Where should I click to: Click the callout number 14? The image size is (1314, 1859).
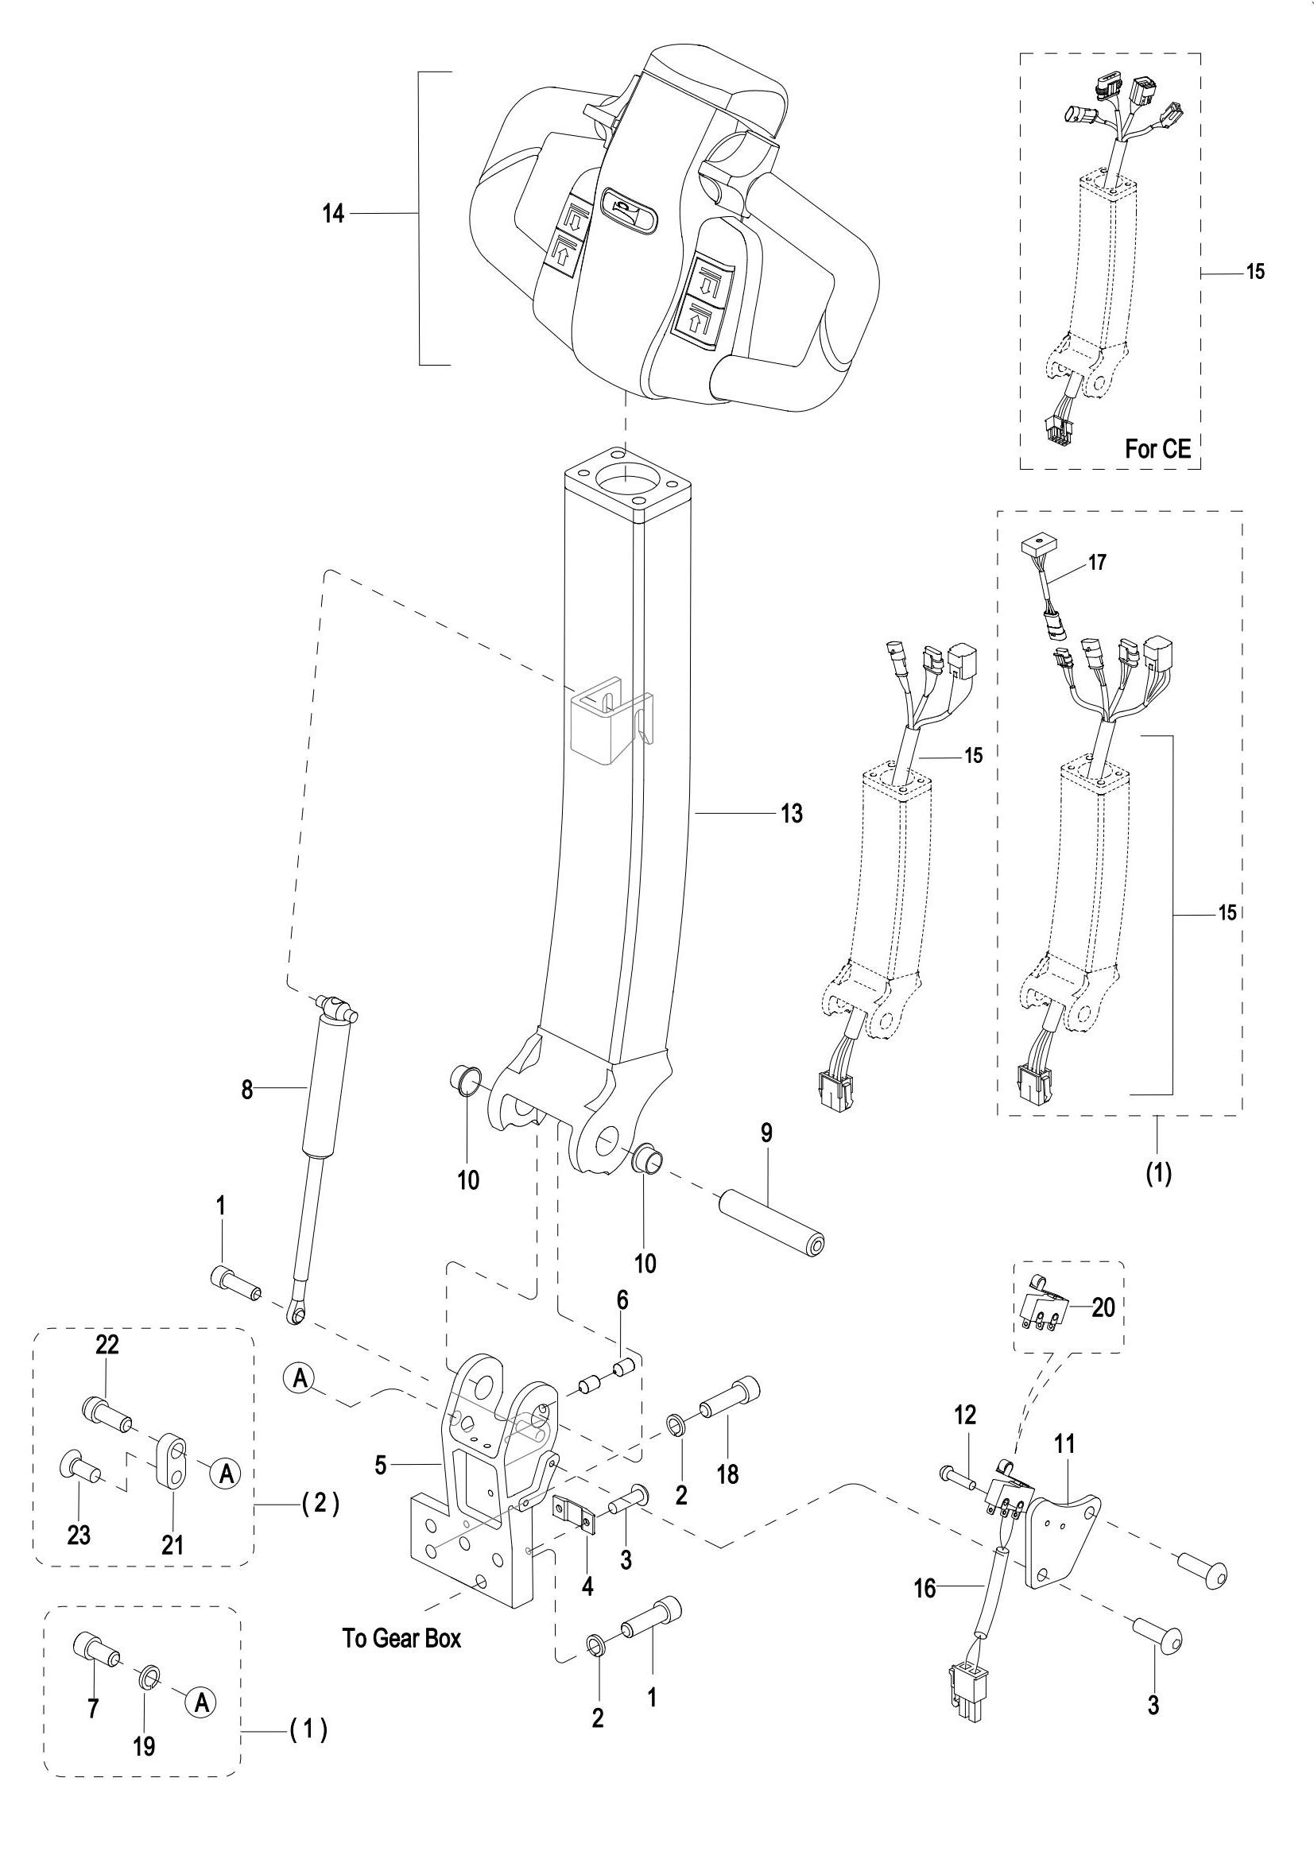pos(334,215)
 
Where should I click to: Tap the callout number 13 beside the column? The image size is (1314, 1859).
pos(792,813)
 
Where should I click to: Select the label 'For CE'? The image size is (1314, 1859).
pos(1158,449)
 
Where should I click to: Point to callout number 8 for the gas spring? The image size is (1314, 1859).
pos(246,1090)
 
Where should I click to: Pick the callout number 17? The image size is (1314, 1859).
pos(1097,562)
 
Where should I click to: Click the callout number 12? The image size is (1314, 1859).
pos(965,1416)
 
